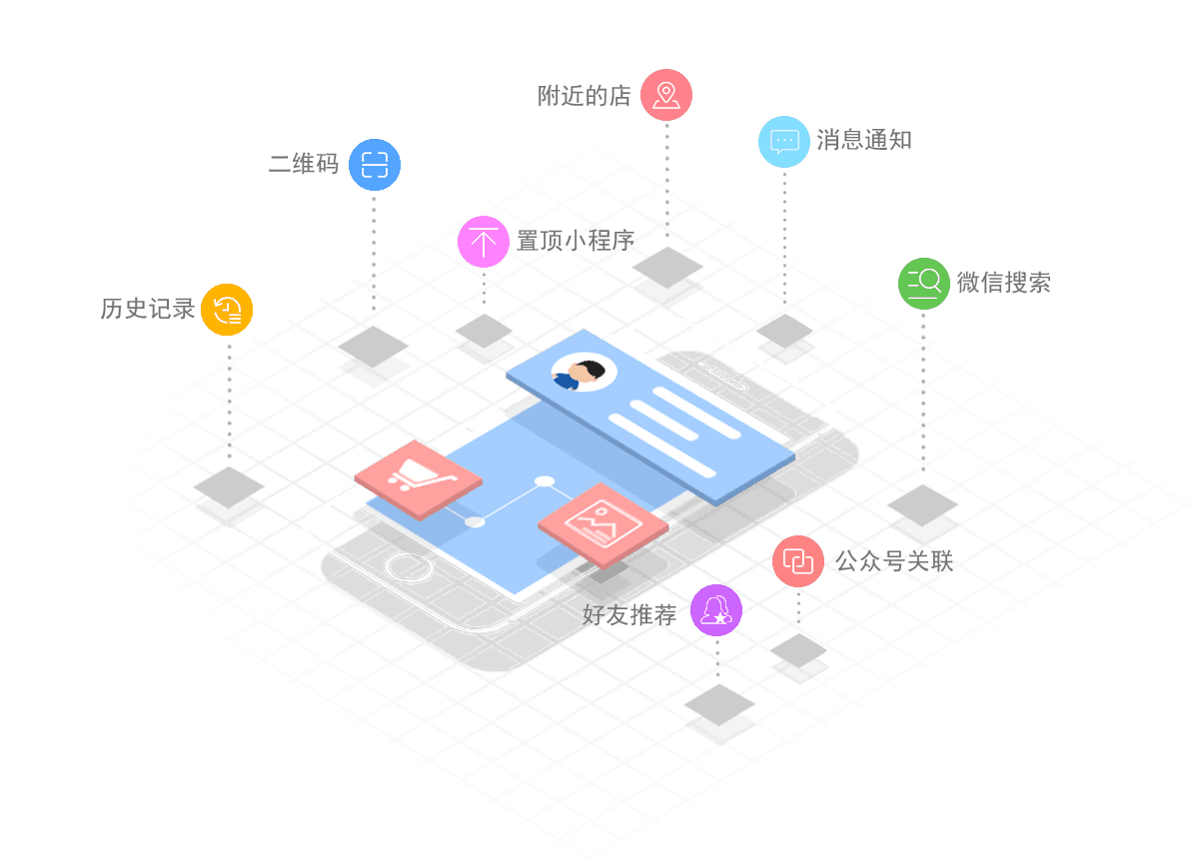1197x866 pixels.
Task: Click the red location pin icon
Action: pyautogui.click(x=665, y=95)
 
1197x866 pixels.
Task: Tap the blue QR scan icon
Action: pyautogui.click(x=375, y=165)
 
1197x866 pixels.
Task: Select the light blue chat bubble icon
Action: pyautogui.click(x=784, y=141)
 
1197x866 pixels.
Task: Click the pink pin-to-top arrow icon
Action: pyautogui.click(x=484, y=241)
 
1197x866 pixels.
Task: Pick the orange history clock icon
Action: pyautogui.click(x=227, y=309)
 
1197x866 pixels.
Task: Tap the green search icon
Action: pyautogui.click(x=923, y=283)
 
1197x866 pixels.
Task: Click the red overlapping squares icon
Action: pyautogui.click(x=797, y=560)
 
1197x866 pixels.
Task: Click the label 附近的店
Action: pyautogui.click(x=585, y=96)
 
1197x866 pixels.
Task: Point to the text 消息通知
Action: pyautogui.click(x=864, y=140)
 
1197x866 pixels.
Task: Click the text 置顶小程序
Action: pyautogui.click(x=576, y=241)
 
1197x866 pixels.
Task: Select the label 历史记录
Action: pyautogui.click(x=148, y=309)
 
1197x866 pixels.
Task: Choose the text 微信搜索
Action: pyautogui.click(x=1003, y=283)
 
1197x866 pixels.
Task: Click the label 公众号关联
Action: pyautogui.click(x=894, y=561)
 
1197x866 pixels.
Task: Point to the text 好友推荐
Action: pyautogui.click(x=629, y=615)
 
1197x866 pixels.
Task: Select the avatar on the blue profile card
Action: pyautogui.click(x=585, y=374)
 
